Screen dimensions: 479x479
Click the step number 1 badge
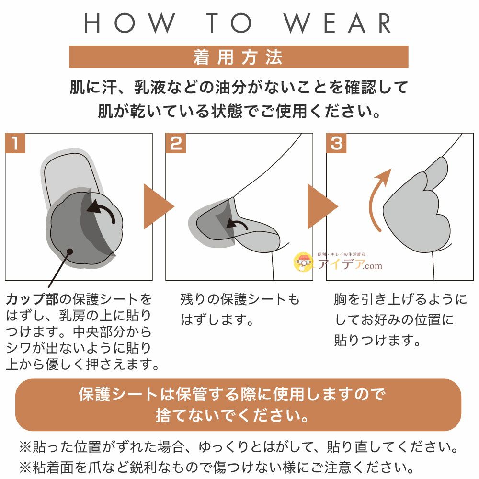[15, 143]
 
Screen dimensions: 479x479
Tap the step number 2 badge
[176, 143]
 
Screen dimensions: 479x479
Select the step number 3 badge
[336, 143]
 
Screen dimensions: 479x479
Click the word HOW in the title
[130, 23]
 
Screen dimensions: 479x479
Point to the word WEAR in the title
[338, 23]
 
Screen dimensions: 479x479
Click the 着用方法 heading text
[238, 57]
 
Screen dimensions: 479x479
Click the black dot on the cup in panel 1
[69, 252]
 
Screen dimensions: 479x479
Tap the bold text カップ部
[32, 299]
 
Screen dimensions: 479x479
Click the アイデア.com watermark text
[350, 264]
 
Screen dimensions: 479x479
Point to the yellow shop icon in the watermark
[303, 262]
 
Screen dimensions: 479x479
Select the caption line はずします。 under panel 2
[217, 320]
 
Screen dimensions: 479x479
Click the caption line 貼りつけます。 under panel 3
[377, 340]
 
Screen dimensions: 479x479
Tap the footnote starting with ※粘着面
[217, 468]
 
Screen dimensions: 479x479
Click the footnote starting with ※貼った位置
[239, 447]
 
